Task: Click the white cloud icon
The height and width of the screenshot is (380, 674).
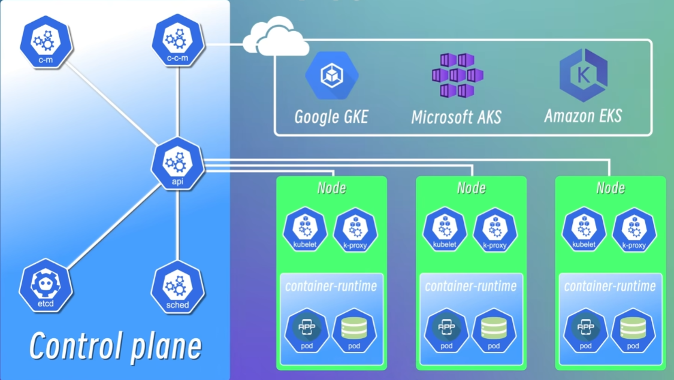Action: (x=276, y=37)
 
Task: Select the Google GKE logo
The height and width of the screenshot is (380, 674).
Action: (x=331, y=75)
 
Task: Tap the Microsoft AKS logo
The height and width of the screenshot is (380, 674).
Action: (x=457, y=75)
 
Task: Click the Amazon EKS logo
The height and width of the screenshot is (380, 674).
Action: (x=583, y=75)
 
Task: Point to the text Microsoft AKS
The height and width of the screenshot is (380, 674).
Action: (x=457, y=117)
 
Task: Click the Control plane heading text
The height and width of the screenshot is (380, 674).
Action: (x=115, y=346)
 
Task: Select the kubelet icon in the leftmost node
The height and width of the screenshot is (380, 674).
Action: (x=305, y=230)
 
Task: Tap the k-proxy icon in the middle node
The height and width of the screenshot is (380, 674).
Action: (x=495, y=230)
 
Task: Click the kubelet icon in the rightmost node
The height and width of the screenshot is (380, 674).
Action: (x=584, y=230)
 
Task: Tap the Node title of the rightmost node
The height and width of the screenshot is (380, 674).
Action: (x=610, y=188)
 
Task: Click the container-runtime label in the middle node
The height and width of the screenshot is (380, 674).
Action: (x=471, y=286)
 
